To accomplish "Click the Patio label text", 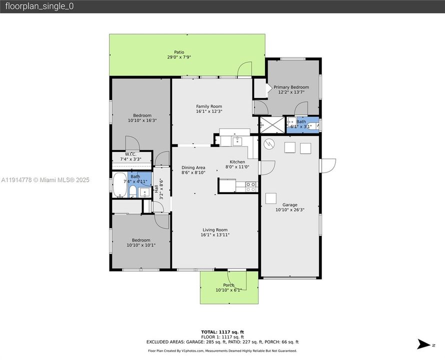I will click(x=179, y=52).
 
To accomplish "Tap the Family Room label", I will click(x=209, y=106).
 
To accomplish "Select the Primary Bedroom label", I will click(x=291, y=87).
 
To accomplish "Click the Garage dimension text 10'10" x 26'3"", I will click(x=289, y=210).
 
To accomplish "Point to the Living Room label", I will click(x=215, y=229).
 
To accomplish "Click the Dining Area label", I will click(x=193, y=167).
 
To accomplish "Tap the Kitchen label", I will click(x=237, y=162).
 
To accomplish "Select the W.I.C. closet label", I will click(x=130, y=154).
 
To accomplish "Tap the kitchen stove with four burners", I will click(x=250, y=186).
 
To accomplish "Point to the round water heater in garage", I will click(x=269, y=144).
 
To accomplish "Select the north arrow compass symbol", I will click(x=425, y=344).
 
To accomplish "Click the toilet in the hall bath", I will click(x=131, y=192).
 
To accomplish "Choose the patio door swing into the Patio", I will click(x=244, y=69).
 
